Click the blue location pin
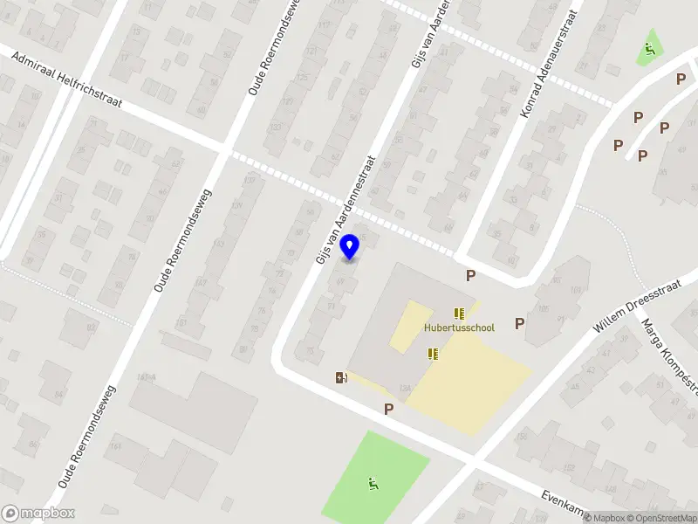point(349,247)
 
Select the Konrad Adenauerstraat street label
point(551,64)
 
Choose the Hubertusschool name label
point(459,328)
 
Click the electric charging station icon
point(341,377)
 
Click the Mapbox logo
point(38,514)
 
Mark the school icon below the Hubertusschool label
point(433,354)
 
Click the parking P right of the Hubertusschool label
point(520,324)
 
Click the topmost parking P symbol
point(681,79)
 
